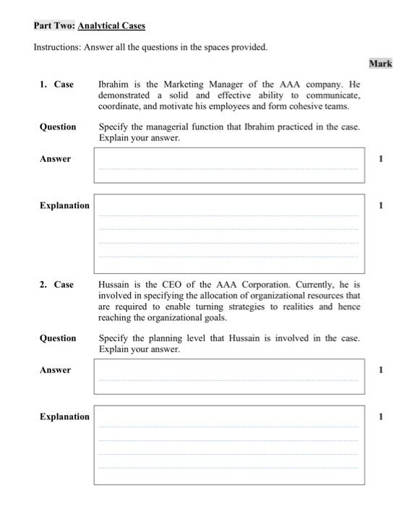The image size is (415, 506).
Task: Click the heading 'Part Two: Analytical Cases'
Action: click(x=90, y=26)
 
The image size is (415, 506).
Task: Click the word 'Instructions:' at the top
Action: click(x=57, y=48)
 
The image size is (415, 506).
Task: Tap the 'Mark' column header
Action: click(x=380, y=64)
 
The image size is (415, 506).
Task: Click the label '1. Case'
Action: click(x=56, y=85)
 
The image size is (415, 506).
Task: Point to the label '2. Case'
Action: click(x=56, y=285)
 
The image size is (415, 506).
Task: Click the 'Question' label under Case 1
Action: click(x=58, y=127)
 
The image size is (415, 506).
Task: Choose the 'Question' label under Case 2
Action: click(x=58, y=338)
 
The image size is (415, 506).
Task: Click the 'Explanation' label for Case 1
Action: click(x=64, y=205)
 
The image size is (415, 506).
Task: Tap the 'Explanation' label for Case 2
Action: click(x=64, y=416)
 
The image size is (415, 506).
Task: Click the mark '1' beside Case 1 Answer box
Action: click(x=381, y=159)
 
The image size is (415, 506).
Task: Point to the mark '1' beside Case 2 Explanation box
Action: click(x=381, y=416)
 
